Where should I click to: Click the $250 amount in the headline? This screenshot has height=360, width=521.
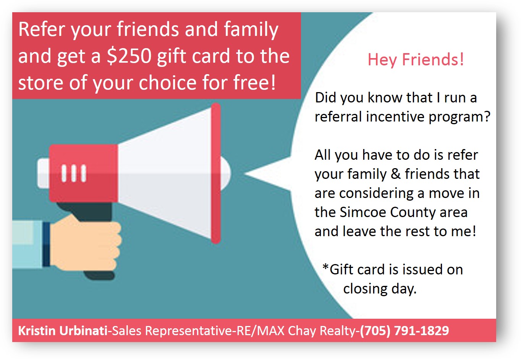(x=129, y=56)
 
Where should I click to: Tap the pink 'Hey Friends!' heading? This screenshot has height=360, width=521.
(x=416, y=60)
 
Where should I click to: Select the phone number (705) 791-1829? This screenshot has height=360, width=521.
(x=405, y=331)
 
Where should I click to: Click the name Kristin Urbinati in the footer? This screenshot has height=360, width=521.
(x=63, y=331)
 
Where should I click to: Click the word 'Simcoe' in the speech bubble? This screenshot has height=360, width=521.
(x=362, y=212)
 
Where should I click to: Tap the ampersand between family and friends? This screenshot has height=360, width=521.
(x=396, y=174)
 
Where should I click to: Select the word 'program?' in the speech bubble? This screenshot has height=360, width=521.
(x=460, y=117)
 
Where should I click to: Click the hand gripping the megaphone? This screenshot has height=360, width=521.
(x=86, y=244)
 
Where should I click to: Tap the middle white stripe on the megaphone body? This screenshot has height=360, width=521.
(x=74, y=173)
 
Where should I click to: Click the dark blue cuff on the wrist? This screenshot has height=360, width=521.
(x=46, y=244)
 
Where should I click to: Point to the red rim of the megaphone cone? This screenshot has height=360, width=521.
(x=216, y=174)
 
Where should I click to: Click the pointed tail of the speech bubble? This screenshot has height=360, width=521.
(x=246, y=174)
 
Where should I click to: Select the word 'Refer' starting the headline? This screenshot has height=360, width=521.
(x=41, y=29)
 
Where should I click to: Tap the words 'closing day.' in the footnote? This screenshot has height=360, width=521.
(x=380, y=289)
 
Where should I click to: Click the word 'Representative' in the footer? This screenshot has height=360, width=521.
(x=188, y=331)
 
